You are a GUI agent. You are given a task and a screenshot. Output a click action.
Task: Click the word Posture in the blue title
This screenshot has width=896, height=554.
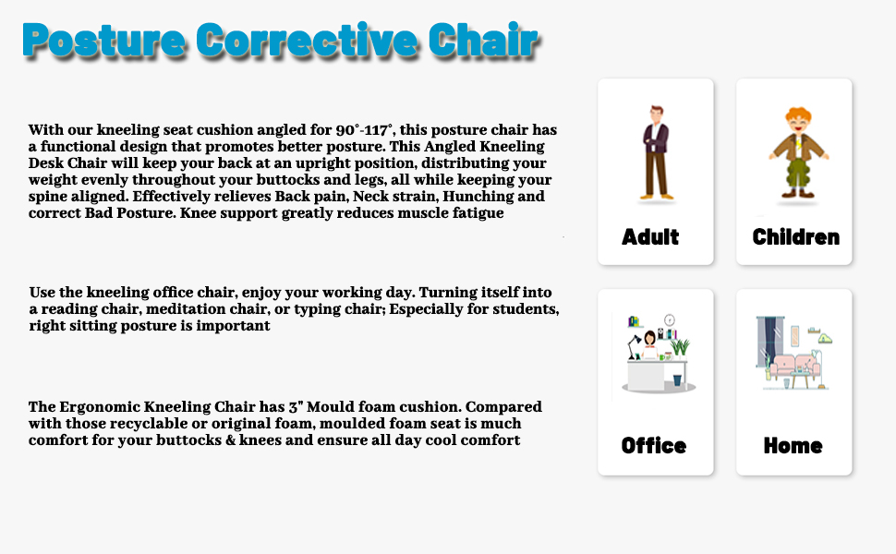104,41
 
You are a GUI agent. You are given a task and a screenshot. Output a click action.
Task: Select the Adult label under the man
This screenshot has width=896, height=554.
650,237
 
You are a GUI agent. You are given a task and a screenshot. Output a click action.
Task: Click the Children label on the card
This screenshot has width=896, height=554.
796,237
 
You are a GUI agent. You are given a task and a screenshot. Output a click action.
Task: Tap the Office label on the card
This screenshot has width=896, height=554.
654,445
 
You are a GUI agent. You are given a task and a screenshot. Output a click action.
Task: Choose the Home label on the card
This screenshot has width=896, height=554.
793,445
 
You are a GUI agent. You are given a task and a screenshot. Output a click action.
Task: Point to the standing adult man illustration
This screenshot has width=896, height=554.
656,152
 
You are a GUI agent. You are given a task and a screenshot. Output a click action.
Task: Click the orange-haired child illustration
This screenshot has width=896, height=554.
798,152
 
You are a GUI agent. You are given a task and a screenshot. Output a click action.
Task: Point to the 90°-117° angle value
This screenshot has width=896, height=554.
364,130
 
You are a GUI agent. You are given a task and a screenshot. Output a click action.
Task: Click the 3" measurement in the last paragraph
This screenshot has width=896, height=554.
296,406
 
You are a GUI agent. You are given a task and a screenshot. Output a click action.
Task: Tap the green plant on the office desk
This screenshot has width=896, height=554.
680,346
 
